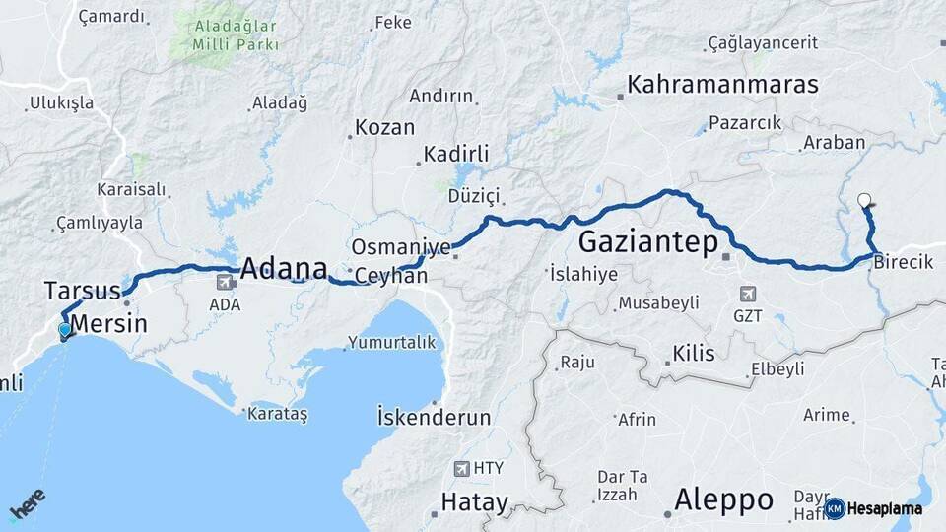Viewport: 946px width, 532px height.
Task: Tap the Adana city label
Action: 284,267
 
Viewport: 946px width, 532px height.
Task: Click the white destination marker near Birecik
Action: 864,201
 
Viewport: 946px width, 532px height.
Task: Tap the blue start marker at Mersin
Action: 65,330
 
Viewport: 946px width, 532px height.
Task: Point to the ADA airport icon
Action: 225,283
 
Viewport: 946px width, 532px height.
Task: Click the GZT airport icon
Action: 748,294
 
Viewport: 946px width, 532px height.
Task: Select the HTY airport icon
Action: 461,468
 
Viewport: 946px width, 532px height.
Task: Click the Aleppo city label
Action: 723,499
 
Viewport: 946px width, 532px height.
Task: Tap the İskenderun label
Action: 434,417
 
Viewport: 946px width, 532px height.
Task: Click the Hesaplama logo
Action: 874,508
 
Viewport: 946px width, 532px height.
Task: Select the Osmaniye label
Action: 401,246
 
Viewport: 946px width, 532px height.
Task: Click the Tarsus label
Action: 82,290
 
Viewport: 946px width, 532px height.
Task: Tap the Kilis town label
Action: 694,354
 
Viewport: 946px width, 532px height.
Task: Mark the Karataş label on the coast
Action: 277,414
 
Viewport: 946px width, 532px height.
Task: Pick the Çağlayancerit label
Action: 764,43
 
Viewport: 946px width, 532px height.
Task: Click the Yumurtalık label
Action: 391,343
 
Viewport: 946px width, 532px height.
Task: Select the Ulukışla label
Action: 61,102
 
